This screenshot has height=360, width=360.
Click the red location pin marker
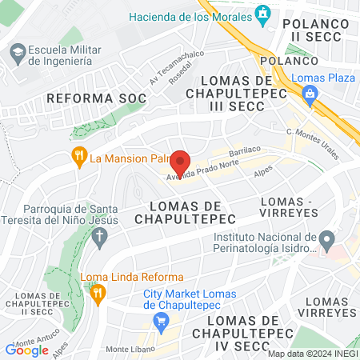[x=179, y=162]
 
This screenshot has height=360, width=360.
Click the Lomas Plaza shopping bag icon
[x=309, y=94]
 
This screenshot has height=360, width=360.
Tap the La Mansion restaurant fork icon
[x=78, y=158]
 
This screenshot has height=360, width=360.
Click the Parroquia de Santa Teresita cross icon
[x=99, y=236]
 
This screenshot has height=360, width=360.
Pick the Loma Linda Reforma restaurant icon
[x=98, y=294]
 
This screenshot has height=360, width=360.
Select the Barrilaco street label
[x=246, y=150]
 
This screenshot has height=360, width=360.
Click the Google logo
[x=26, y=350]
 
